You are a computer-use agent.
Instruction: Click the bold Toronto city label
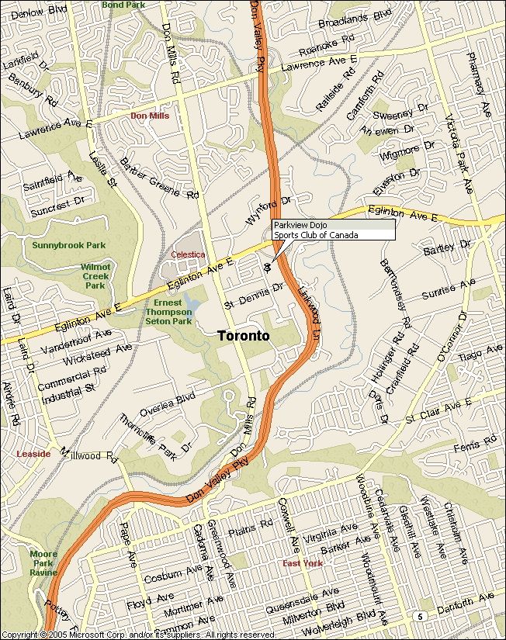click(x=244, y=336)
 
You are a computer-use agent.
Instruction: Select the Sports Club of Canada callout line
click(x=316, y=235)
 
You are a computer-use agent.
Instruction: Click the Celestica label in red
click(x=188, y=254)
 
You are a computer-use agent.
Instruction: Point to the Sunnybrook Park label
click(x=68, y=245)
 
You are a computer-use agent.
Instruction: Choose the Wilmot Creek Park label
click(x=96, y=275)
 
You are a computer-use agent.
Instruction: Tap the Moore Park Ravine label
click(x=43, y=562)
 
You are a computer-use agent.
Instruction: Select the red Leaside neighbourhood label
click(x=33, y=454)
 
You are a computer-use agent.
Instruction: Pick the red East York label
click(x=302, y=563)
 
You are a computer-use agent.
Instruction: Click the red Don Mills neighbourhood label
click(x=149, y=116)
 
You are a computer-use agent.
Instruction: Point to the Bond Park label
click(x=123, y=5)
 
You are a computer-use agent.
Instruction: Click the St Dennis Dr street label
click(x=253, y=296)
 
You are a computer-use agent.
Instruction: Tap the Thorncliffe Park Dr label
click(x=154, y=434)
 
